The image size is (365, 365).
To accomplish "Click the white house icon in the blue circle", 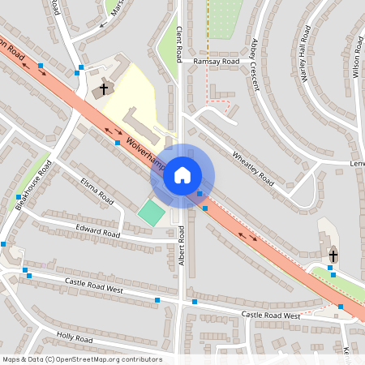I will [182, 175].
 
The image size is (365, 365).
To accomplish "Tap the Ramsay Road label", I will [217, 61].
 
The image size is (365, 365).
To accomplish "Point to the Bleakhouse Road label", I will [34, 185].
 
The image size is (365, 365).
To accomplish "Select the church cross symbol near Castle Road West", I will [333, 255].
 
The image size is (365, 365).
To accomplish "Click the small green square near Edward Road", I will [151, 213].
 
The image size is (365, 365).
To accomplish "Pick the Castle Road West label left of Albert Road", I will [94, 286].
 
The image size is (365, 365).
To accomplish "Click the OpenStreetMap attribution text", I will [81, 359].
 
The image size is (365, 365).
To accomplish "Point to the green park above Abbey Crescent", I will [225, 16].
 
